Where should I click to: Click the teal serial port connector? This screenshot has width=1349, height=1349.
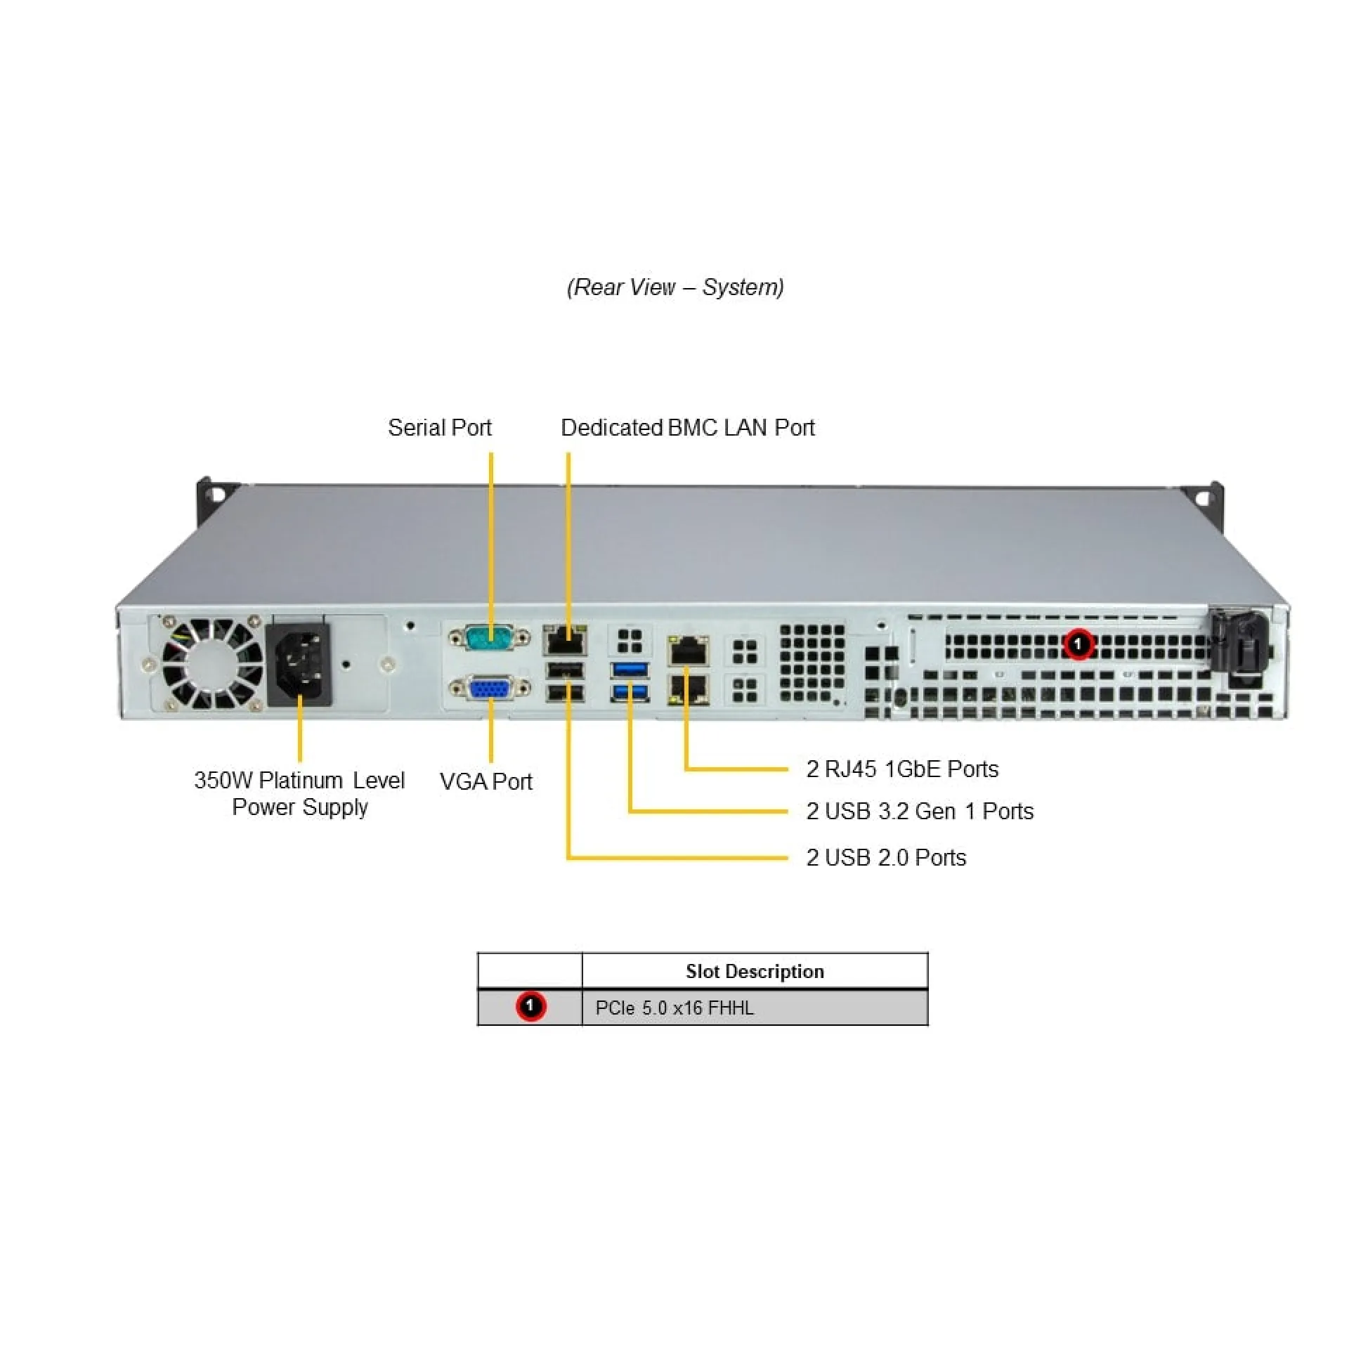[x=490, y=638]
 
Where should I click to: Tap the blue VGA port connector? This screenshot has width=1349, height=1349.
[x=490, y=689]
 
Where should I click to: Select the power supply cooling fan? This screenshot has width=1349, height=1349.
[x=212, y=663]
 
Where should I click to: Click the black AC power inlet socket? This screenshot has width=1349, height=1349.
[x=300, y=664]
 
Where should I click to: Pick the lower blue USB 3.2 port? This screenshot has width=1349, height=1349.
[x=630, y=693]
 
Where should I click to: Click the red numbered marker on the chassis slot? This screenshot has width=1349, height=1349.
[x=1078, y=644]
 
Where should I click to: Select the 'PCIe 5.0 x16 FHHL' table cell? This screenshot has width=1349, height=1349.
[x=755, y=1008]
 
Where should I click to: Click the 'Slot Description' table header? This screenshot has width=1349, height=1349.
[x=755, y=971]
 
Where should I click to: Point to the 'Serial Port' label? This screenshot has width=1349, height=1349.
[x=440, y=427]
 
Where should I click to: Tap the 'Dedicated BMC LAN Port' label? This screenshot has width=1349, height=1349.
[x=687, y=427]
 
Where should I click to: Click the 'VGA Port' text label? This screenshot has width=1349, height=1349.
[x=485, y=781]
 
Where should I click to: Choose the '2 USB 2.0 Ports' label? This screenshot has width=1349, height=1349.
[x=886, y=857]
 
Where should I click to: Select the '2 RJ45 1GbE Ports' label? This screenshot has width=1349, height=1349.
[x=902, y=769]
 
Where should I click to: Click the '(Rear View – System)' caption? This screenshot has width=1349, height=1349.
[x=675, y=287]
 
